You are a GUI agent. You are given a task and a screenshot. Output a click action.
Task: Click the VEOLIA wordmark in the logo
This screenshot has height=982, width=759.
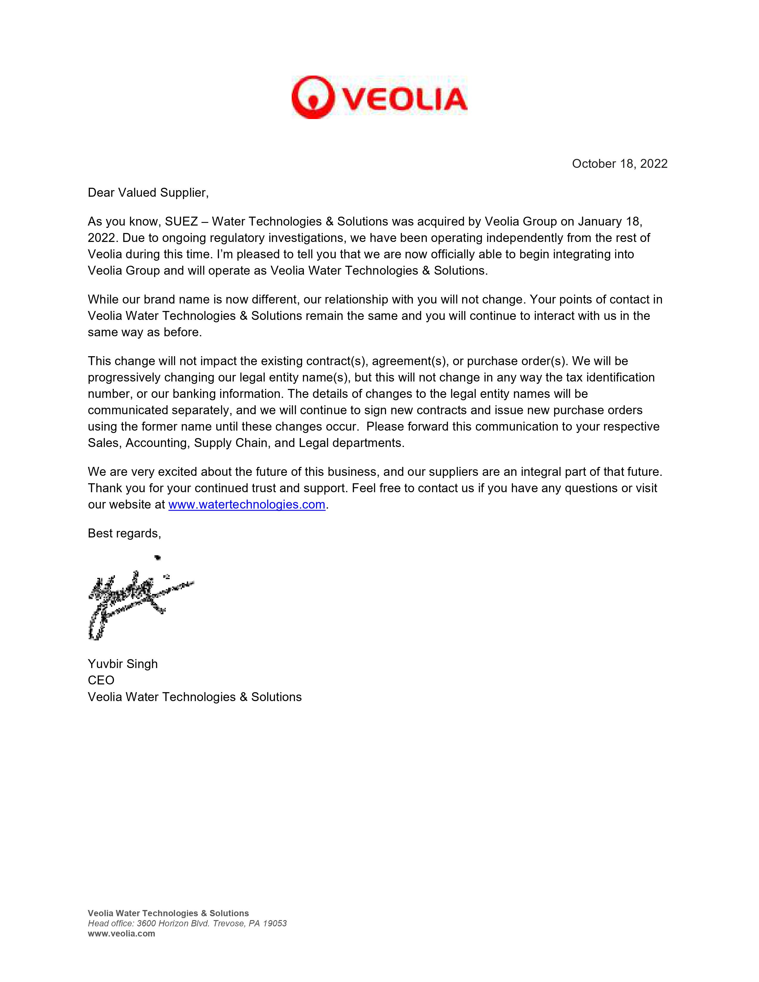coord(405,99)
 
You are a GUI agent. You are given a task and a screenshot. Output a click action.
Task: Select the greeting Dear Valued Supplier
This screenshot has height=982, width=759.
coord(148,193)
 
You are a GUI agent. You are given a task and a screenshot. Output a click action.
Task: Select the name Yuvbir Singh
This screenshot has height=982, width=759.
coord(123,664)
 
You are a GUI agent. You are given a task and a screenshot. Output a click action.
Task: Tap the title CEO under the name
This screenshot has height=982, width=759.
coord(101,680)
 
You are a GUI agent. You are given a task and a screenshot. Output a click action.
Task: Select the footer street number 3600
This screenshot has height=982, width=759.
coord(146,924)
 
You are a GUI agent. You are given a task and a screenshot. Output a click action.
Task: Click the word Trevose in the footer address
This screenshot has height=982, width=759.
coord(228,924)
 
